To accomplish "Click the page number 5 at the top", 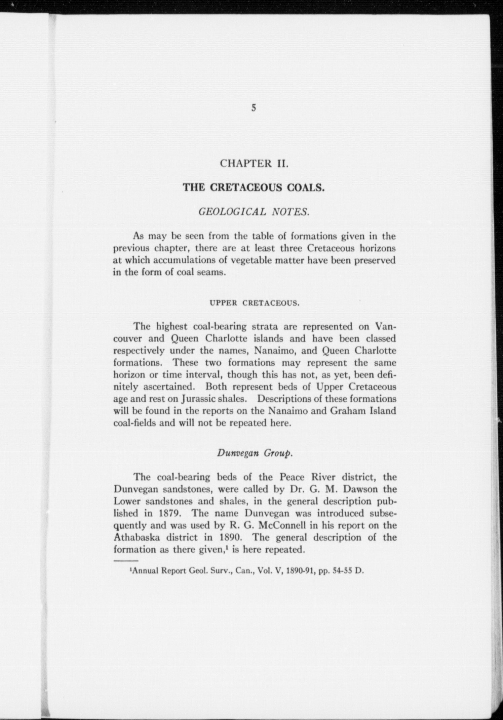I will point(254,108).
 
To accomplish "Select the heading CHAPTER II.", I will point(254,164).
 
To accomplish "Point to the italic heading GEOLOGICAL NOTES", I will point(254,212).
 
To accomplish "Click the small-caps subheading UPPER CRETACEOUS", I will point(254,303).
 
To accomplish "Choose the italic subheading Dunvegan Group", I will point(255,453).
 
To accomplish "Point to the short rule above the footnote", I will point(126,560).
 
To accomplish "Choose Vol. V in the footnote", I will point(264,571).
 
